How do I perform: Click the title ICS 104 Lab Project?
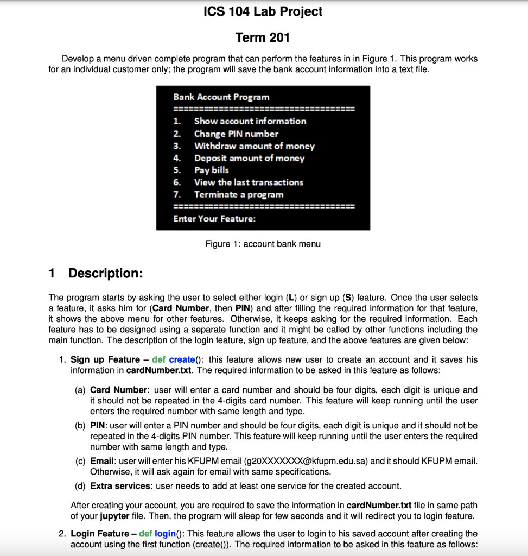click(x=263, y=11)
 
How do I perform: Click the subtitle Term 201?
click(x=263, y=37)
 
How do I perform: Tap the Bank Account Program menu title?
click(x=221, y=97)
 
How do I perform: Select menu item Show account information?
click(x=250, y=121)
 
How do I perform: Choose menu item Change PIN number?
click(x=236, y=134)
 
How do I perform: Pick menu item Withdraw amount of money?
click(x=254, y=146)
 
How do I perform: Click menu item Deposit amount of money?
click(x=249, y=158)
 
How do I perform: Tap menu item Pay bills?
click(x=212, y=170)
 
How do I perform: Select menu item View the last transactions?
click(x=249, y=182)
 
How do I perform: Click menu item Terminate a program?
click(x=239, y=194)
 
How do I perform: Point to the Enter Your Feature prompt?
click(x=214, y=219)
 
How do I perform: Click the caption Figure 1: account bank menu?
click(x=263, y=244)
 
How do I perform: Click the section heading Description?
click(x=105, y=273)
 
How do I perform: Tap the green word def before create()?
click(x=159, y=359)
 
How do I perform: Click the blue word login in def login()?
click(x=166, y=534)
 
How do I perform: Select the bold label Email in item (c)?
click(x=101, y=461)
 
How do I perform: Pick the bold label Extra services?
click(x=119, y=485)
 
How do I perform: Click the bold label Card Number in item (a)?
click(x=118, y=390)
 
